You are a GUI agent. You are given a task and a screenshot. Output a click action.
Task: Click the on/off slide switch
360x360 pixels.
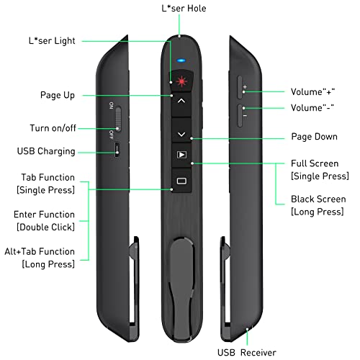[x=117, y=120]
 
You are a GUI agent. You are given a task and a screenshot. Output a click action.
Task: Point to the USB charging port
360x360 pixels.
[x=117, y=150]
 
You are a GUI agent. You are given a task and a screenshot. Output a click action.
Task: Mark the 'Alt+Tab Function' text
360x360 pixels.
[x=44, y=251]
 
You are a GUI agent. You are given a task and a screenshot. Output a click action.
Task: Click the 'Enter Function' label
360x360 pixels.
[x=44, y=215]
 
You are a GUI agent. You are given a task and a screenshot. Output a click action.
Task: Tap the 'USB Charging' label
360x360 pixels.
[x=45, y=152]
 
